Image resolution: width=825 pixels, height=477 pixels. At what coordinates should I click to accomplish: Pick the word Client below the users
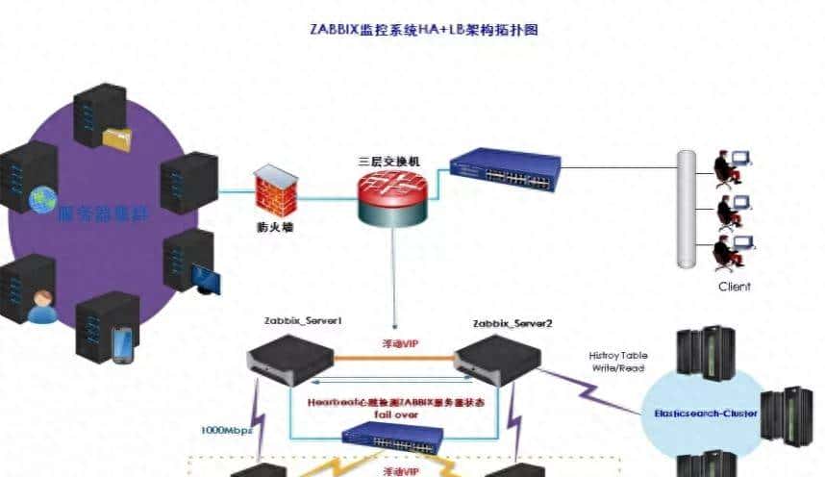[x=735, y=286]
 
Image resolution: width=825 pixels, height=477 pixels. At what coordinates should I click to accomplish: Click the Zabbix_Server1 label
[x=303, y=319]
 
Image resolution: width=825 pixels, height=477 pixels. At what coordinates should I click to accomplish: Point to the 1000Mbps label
[x=227, y=430]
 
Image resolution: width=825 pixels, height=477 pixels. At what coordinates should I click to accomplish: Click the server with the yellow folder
[x=102, y=117]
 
